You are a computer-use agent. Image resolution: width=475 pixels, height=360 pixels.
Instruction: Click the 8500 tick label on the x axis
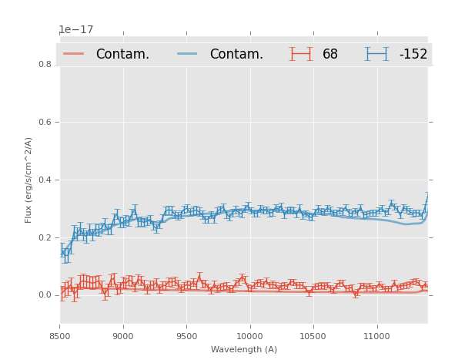coord(59,337)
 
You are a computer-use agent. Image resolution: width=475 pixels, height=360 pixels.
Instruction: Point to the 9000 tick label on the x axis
coord(123,337)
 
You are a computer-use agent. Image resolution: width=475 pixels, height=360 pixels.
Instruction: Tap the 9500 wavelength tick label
coord(186,337)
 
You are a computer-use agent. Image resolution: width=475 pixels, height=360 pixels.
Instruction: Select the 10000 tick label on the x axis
coord(250,337)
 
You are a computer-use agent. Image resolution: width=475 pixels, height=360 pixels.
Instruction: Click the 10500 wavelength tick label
coord(313,337)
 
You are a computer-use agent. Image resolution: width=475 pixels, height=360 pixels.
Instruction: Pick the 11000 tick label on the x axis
coord(377,337)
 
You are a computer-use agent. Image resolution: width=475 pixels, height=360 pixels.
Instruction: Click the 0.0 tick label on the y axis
coord(45,295)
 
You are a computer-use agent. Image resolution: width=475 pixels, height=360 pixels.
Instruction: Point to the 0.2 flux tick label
coord(45,237)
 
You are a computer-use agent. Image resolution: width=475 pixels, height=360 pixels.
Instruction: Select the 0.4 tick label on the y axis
coord(45,180)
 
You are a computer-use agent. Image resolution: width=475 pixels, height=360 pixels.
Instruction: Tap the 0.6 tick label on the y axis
coord(45,122)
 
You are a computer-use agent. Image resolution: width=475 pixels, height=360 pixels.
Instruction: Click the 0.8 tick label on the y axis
coord(45,64)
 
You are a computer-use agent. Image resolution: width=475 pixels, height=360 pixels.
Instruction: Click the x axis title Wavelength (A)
coord(244,350)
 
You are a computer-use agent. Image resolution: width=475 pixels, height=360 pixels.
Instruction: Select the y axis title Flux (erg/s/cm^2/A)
coord(28,180)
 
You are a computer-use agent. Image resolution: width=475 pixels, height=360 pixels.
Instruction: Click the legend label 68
coord(330,55)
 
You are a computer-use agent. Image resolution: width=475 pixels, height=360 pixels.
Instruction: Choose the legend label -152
coord(413,55)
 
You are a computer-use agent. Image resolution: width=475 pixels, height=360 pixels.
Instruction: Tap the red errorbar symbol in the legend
coord(300,54)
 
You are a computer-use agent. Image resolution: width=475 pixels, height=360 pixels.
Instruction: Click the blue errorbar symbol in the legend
coord(376,54)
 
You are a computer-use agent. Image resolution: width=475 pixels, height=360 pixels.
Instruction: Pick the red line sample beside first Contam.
coord(74,54)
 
